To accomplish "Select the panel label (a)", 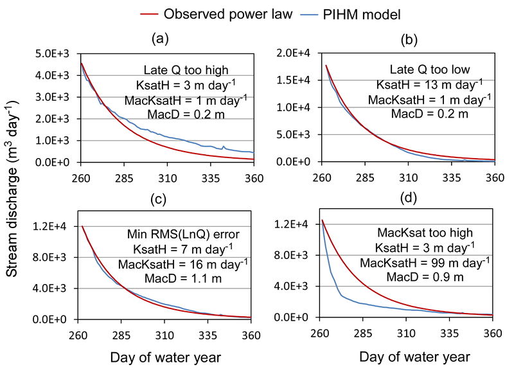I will coord(159,39).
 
